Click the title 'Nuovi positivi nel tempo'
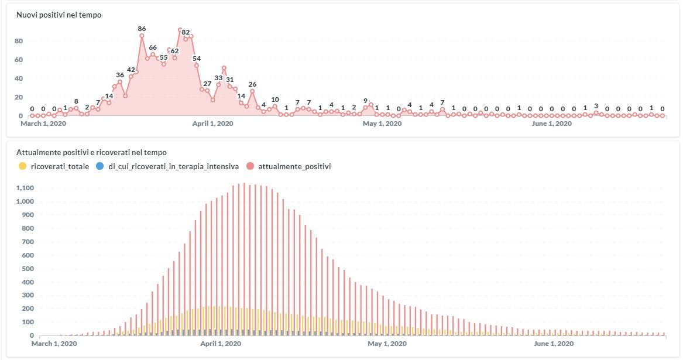59,15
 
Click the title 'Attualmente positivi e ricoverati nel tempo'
91,153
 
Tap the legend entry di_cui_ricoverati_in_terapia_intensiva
174,166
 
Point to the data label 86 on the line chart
142,28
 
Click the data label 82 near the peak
186,32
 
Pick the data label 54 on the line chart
197,59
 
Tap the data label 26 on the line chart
252,84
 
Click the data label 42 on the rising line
131,70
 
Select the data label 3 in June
596,106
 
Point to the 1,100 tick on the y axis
26,188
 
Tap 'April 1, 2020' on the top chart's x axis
213,124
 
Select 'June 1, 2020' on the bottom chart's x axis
553,344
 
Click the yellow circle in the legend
23,166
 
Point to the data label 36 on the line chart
120,75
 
